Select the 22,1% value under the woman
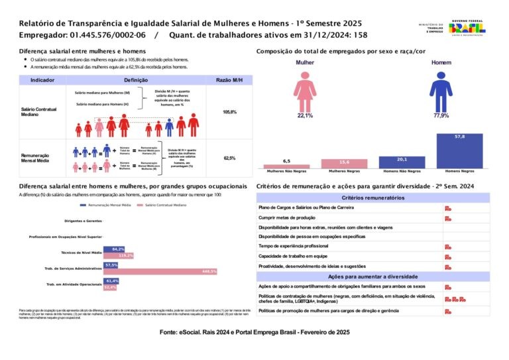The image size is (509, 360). point(305,116)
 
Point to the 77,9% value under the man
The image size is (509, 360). point(441,116)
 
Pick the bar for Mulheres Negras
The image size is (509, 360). point(343,163)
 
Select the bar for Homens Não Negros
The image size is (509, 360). point(401,162)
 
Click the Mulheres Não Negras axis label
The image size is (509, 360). point(286,171)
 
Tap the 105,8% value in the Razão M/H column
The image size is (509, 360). point(229,112)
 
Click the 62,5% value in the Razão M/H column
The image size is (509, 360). point(229,158)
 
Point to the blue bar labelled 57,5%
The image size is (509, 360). point(111,265)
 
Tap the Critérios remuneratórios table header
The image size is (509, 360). point(372,198)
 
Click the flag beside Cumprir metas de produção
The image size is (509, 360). point(448,217)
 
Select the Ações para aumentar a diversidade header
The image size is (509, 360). point(372,276)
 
